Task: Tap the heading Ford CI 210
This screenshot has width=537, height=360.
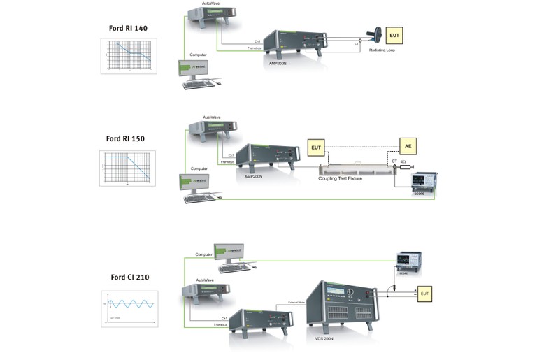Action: point(129,278)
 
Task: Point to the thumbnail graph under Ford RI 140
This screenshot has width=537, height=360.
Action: point(128,55)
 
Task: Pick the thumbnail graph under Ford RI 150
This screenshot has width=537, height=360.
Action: point(127,168)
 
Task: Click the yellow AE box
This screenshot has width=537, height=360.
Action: point(408,146)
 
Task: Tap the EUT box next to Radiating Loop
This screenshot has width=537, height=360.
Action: point(395,36)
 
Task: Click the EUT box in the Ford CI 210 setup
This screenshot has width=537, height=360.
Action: point(424,294)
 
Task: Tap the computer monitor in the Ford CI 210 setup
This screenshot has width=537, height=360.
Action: point(229,253)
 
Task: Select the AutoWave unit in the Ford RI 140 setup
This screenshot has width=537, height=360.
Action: point(210,15)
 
